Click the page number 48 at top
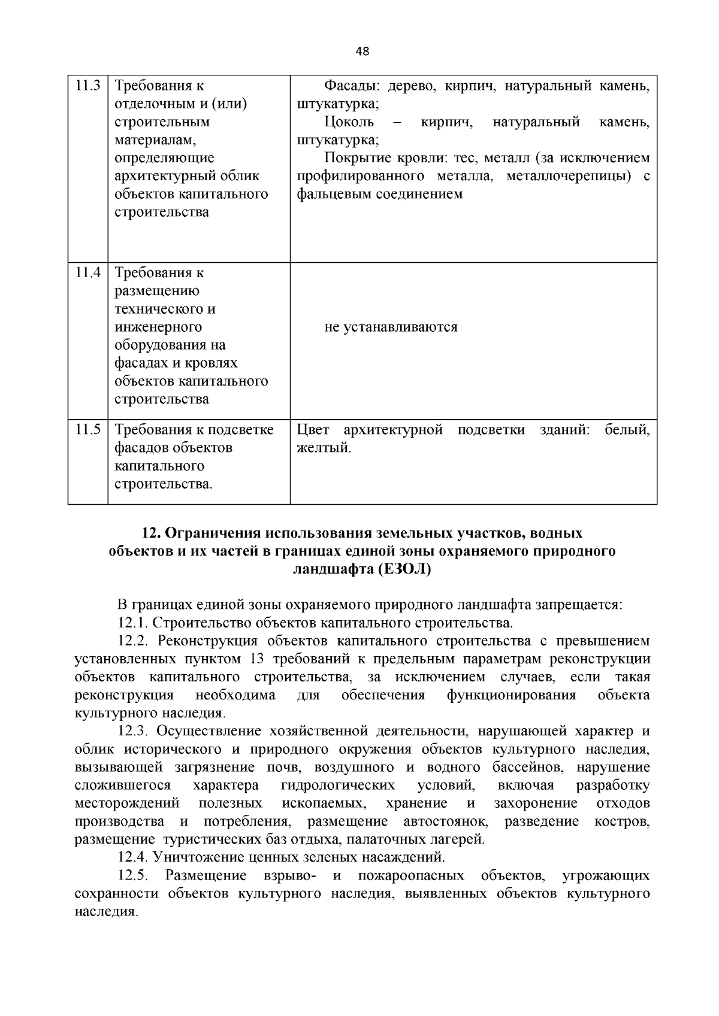point(362,51)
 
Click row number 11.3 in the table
point(87,86)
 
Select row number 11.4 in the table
point(87,273)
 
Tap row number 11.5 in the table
point(87,430)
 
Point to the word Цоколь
point(349,122)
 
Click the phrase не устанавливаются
point(391,327)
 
